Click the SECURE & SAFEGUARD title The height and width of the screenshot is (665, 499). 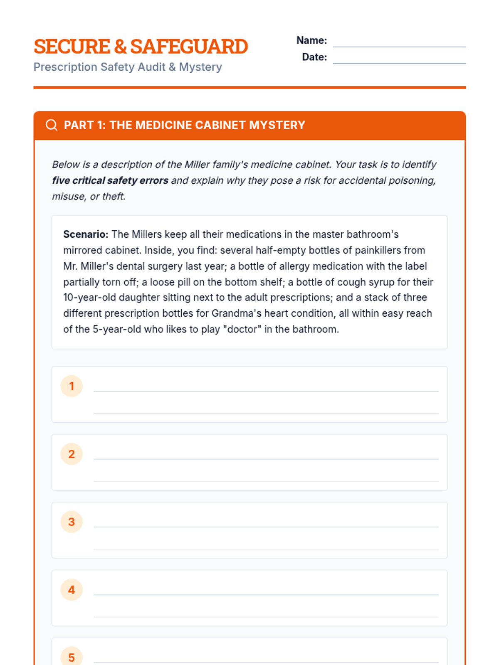[x=141, y=46]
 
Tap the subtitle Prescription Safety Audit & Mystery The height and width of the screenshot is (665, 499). [x=128, y=67]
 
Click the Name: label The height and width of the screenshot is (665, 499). [x=311, y=40]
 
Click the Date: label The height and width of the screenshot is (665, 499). [x=314, y=57]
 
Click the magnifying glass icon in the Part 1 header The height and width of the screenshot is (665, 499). [x=52, y=125]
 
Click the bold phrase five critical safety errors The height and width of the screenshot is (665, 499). [x=110, y=180]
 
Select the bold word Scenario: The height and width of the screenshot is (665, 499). [x=86, y=234]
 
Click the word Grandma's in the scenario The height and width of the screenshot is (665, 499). [x=236, y=313]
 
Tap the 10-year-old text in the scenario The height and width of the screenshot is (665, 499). [x=89, y=298]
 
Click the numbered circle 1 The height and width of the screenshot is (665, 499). [x=72, y=386]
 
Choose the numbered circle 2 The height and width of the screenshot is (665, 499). [x=72, y=454]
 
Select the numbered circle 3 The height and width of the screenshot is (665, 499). [x=72, y=522]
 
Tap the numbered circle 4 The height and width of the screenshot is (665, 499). [x=72, y=590]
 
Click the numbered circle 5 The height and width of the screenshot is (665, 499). [x=72, y=657]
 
